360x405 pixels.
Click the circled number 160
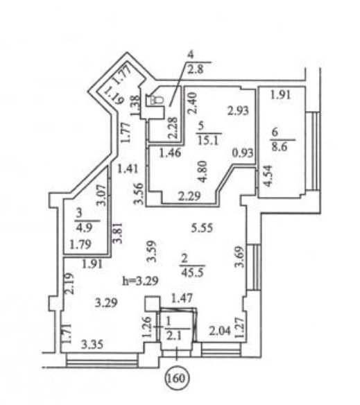pyautogui.click(x=177, y=379)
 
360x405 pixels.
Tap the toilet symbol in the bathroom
pyautogui.click(x=155, y=101)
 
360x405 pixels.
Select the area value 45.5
pyautogui.click(x=192, y=273)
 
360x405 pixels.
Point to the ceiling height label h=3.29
pyautogui.click(x=140, y=281)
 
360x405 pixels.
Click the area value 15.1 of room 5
pyautogui.click(x=209, y=141)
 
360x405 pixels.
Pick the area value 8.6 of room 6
pyautogui.click(x=280, y=147)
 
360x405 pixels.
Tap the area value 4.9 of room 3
pyautogui.click(x=85, y=227)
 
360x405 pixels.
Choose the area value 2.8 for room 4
pyautogui.click(x=196, y=69)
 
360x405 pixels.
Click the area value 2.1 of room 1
pyautogui.click(x=174, y=336)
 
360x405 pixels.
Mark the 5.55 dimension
pyautogui.click(x=202, y=227)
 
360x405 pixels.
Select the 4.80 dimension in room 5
pyautogui.click(x=203, y=171)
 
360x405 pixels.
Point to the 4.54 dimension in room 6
pyautogui.click(x=268, y=176)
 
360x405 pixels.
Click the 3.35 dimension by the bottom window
pyautogui.click(x=92, y=344)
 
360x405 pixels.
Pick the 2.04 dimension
pyautogui.click(x=220, y=331)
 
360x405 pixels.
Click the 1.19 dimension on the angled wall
pyautogui.click(x=114, y=94)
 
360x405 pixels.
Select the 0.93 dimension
pyautogui.click(x=243, y=153)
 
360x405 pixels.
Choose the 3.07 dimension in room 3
pyautogui.click(x=101, y=195)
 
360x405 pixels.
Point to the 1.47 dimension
pyautogui.click(x=182, y=298)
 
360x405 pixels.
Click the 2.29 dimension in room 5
pyautogui.click(x=189, y=196)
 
